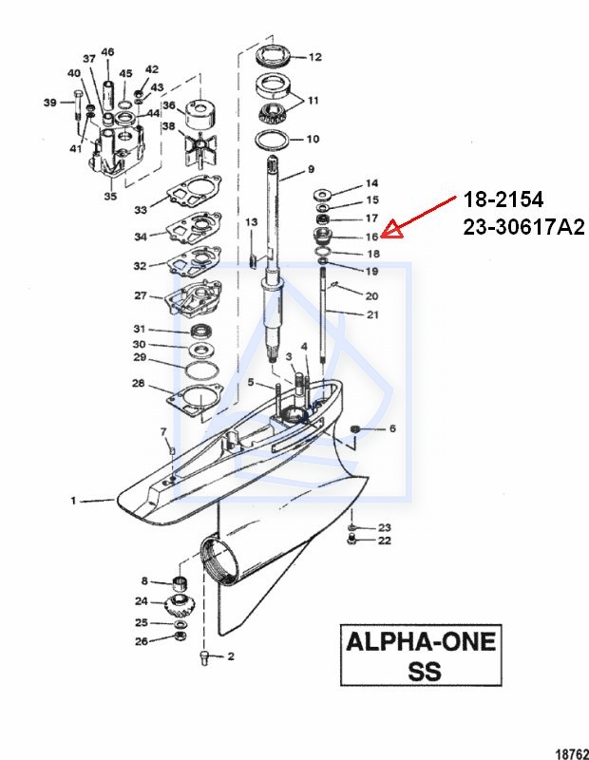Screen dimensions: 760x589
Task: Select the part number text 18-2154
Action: tap(503, 200)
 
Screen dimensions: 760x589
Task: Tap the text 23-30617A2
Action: tap(522, 227)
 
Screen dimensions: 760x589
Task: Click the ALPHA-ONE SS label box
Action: tap(421, 655)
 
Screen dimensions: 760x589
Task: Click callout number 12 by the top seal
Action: tap(315, 57)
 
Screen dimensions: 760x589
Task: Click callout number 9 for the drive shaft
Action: tap(310, 171)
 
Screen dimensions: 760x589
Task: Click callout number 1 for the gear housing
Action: tap(73, 500)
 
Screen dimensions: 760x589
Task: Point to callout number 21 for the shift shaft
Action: tap(372, 314)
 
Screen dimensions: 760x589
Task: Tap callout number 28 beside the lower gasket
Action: tap(139, 384)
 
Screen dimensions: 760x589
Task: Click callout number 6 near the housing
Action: tap(392, 429)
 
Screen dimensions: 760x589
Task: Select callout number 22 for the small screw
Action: tap(385, 541)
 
